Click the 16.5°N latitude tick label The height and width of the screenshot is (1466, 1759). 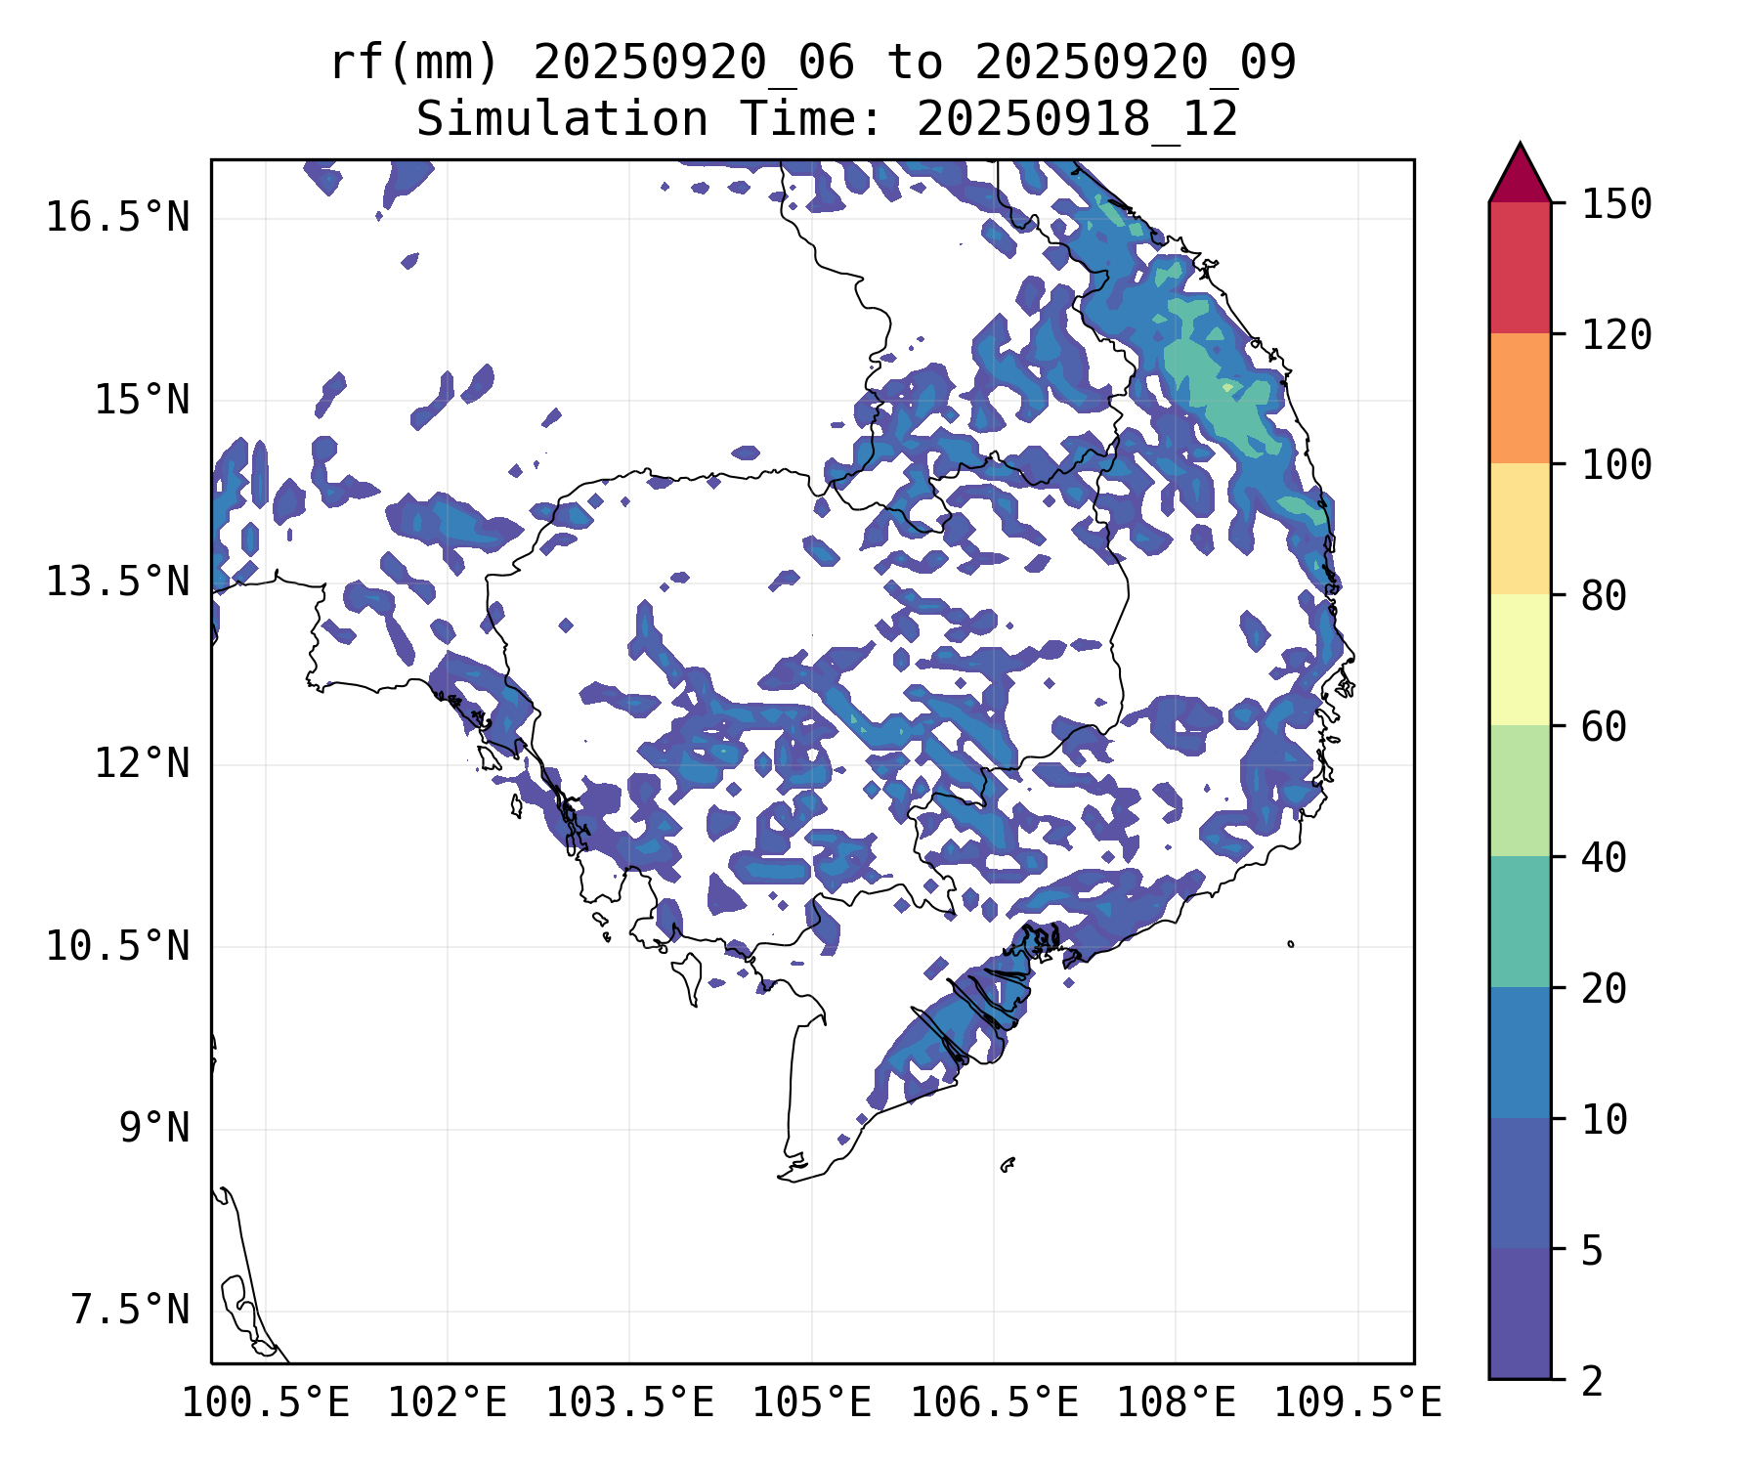click(117, 217)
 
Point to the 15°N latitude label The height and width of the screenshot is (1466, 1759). click(142, 400)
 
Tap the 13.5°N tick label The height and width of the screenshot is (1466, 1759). click(117, 582)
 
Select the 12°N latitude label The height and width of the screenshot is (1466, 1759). click(142, 763)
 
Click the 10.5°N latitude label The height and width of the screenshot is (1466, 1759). click(117, 946)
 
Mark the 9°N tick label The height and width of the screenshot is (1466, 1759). click(154, 1128)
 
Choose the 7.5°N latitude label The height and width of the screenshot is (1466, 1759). click(130, 1310)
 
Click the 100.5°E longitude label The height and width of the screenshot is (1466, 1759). click(266, 1403)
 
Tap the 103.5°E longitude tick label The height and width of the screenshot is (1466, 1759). click(629, 1403)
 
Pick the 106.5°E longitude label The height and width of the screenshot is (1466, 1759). click(994, 1403)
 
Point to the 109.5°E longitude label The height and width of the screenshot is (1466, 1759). click(1357, 1403)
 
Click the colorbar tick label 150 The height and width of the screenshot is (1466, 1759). click(1616, 205)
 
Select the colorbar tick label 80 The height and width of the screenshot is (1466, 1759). click(1604, 596)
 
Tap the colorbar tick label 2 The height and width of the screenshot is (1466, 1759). click(1592, 1381)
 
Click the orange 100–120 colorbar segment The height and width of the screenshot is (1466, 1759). click(1520, 398)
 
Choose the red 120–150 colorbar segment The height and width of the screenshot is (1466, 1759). click(1520, 267)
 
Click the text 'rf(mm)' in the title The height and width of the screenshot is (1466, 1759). click(414, 64)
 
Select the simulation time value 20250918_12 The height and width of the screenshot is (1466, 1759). click(1077, 120)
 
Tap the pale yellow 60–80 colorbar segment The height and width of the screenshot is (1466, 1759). click(1520, 660)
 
